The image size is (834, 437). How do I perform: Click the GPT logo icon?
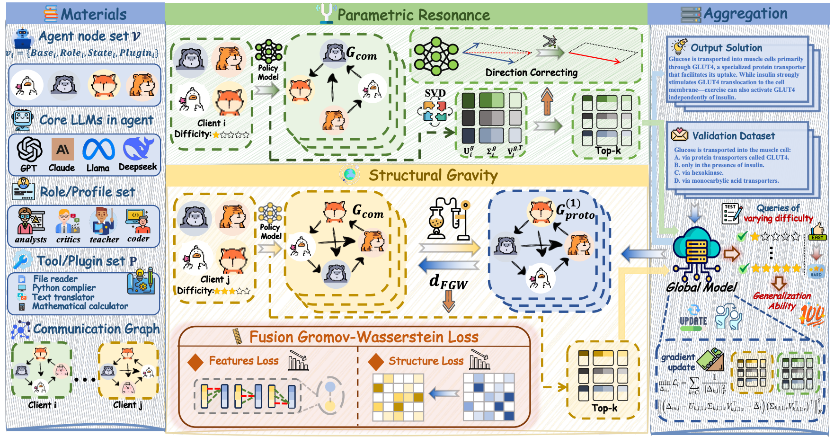(29, 149)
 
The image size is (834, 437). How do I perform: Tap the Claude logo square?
(62, 149)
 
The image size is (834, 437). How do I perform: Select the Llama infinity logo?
(98, 150)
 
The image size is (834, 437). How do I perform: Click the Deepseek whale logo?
(138, 148)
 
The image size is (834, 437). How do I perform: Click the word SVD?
(435, 93)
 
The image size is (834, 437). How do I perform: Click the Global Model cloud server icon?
(696, 253)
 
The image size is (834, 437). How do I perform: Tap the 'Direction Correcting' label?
(531, 72)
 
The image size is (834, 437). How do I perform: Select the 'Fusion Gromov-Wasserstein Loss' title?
(364, 337)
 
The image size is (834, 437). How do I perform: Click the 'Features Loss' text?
(244, 361)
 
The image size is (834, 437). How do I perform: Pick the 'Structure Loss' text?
(426, 361)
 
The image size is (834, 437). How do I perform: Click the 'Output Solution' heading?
(726, 48)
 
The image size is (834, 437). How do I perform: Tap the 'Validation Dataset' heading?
(733, 136)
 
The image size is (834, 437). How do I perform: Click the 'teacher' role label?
(104, 240)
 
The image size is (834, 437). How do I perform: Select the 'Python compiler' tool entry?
(64, 288)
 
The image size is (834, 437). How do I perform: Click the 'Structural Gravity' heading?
(433, 175)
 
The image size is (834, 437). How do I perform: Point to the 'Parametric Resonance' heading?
(414, 15)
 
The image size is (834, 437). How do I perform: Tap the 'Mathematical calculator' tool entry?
(80, 306)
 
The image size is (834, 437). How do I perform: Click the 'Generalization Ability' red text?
(781, 301)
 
